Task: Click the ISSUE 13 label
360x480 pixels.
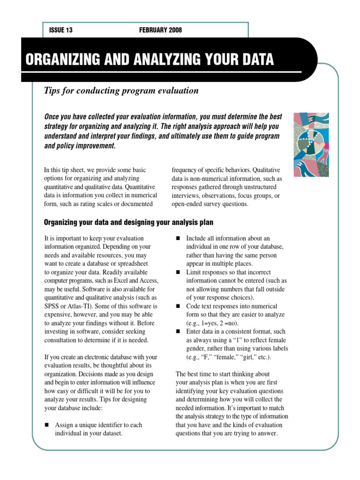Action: [x=61, y=30]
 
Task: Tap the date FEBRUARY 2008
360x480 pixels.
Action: [x=160, y=30]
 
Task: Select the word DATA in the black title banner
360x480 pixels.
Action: [x=256, y=60]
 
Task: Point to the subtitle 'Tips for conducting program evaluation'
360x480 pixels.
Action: [x=121, y=90]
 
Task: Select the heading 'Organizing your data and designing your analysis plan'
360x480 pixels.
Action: [x=129, y=222]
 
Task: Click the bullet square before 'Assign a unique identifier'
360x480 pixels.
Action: [x=46, y=425]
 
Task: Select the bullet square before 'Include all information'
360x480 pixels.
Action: [x=178, y=239]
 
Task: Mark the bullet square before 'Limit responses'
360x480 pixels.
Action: [x=178, y=272]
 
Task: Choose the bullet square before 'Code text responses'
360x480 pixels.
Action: [x=178, y=306]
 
